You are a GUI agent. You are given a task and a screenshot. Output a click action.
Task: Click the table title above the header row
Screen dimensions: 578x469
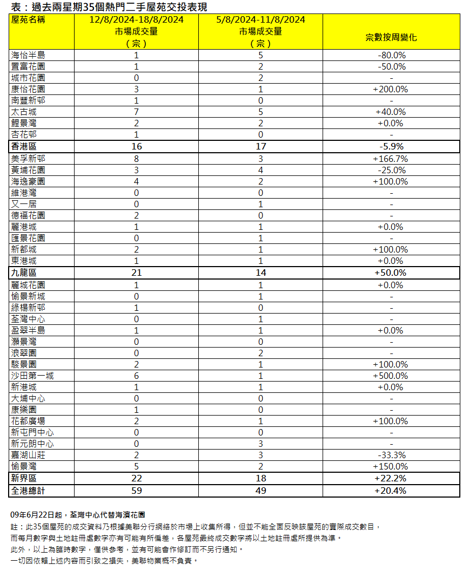tap(109, 7)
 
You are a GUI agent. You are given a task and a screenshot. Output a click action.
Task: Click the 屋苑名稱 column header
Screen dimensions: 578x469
tap(28, 20)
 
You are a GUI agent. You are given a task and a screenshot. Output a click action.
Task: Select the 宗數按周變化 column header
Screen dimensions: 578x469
tap(391, 38)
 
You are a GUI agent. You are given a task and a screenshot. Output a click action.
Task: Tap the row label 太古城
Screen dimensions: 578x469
tap(24, 112)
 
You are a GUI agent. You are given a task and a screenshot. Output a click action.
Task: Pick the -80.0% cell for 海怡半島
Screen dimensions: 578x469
tap(392, 55)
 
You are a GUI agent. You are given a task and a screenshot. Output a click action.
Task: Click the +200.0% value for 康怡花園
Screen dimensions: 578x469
tap(391, 89)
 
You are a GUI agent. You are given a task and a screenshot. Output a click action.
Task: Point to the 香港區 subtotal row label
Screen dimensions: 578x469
tap(24, 146)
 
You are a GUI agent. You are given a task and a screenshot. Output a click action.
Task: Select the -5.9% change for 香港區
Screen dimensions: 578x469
tap(391, 146)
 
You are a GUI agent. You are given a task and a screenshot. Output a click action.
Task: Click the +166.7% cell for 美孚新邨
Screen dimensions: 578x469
tap(391, 159)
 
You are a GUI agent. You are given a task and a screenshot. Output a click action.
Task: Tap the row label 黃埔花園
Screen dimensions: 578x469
tap(28, 170)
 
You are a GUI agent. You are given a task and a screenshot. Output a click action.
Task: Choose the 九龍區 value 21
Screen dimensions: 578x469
tap(136, 273)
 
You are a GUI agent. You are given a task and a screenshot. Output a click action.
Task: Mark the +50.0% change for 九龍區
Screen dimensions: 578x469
tap(391, 273)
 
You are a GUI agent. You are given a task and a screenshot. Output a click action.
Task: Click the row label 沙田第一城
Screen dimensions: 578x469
tap(32, 376)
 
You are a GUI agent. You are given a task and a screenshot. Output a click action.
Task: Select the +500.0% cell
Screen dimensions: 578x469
tap(391, 376)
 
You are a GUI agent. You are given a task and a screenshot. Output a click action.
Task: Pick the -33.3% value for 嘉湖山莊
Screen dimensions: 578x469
tap(392, 455)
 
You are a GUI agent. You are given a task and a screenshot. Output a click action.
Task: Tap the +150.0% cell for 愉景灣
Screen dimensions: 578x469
tap(391, 466)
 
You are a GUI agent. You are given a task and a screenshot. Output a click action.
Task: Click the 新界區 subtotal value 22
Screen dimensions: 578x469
tap(136, 478)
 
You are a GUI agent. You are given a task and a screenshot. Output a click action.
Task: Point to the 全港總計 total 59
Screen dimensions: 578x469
tap(136, 491)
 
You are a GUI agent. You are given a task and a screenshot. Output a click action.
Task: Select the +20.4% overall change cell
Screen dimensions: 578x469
tap(391, 491)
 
